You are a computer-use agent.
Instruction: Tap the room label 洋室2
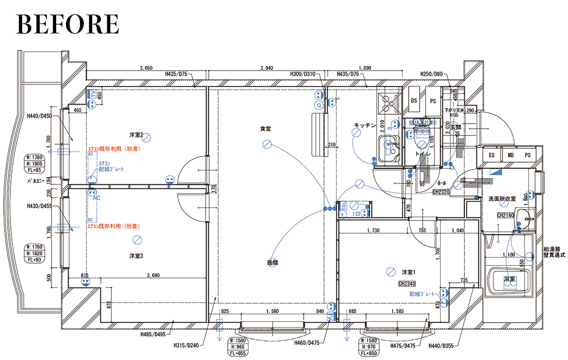136,134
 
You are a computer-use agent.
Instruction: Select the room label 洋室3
136,255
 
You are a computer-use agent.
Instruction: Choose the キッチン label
364,125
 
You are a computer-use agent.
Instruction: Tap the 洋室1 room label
409,272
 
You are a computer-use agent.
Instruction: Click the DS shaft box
414,101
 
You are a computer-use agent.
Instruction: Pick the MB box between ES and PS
510,155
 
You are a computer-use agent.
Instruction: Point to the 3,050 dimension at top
147,68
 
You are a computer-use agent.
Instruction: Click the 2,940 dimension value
266,68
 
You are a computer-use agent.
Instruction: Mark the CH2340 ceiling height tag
407,283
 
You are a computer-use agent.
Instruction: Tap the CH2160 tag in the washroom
506,215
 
